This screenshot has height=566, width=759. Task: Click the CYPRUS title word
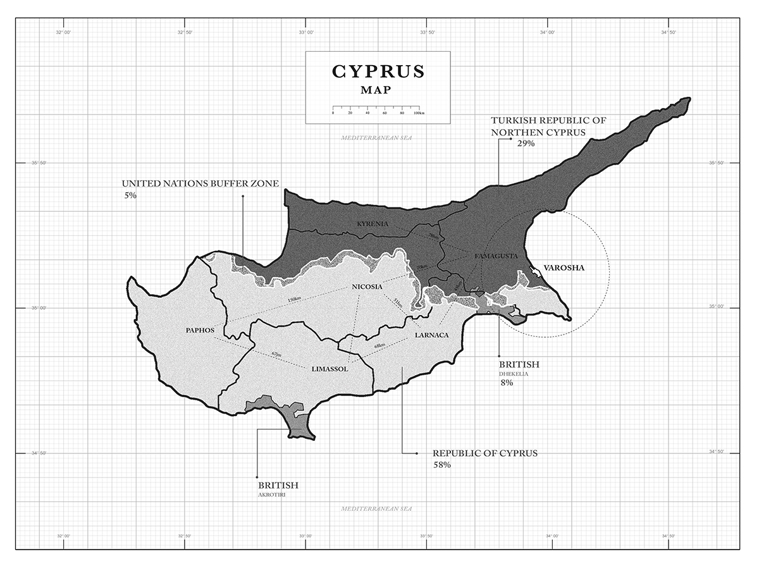coord(378,71)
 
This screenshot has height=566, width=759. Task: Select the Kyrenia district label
coord(372,225)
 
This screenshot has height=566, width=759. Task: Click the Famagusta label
coord(496,256)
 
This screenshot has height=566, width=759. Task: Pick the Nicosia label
coord(367,286)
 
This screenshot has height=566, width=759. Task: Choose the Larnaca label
coord(431,335)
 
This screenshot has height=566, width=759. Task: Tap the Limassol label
coord(330,369)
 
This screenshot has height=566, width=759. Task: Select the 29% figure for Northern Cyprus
coord(526,144)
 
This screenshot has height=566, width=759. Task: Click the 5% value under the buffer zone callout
coord(130,196)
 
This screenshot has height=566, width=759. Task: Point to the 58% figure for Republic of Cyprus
coord(441,465)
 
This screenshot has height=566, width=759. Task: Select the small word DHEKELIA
coord(513,373)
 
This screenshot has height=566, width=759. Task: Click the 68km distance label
coord(379,345)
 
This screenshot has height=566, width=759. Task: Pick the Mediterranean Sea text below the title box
coord(376,137)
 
